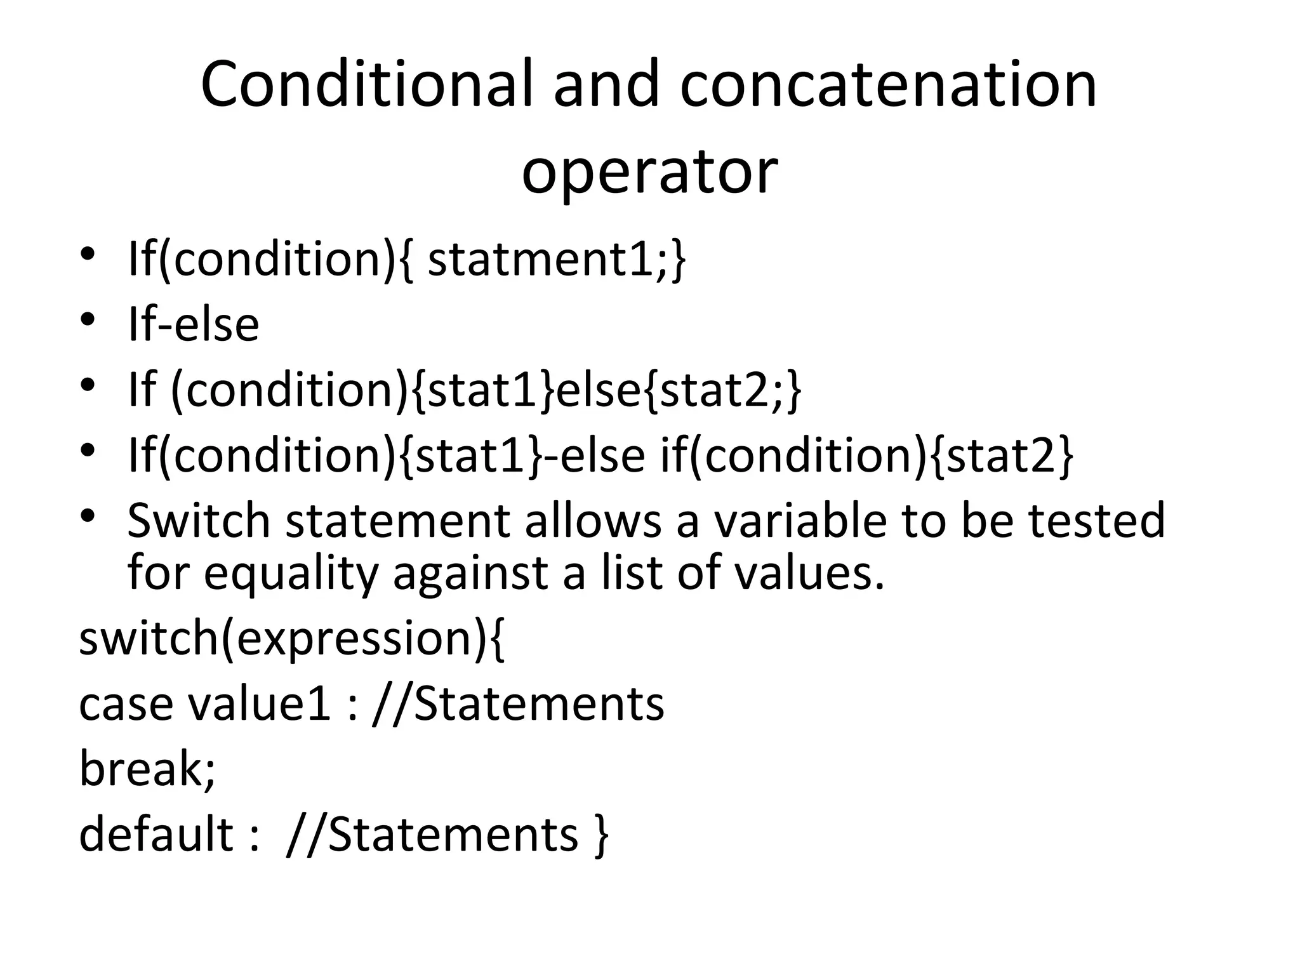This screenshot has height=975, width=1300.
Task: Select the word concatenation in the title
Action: click(889, 84)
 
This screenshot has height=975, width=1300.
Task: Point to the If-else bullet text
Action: click(194, 324)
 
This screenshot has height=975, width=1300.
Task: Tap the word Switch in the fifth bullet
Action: click(199, 521)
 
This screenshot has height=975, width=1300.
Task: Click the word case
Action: click(126, 705)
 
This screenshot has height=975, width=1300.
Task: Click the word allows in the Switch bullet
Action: click(593, 521)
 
